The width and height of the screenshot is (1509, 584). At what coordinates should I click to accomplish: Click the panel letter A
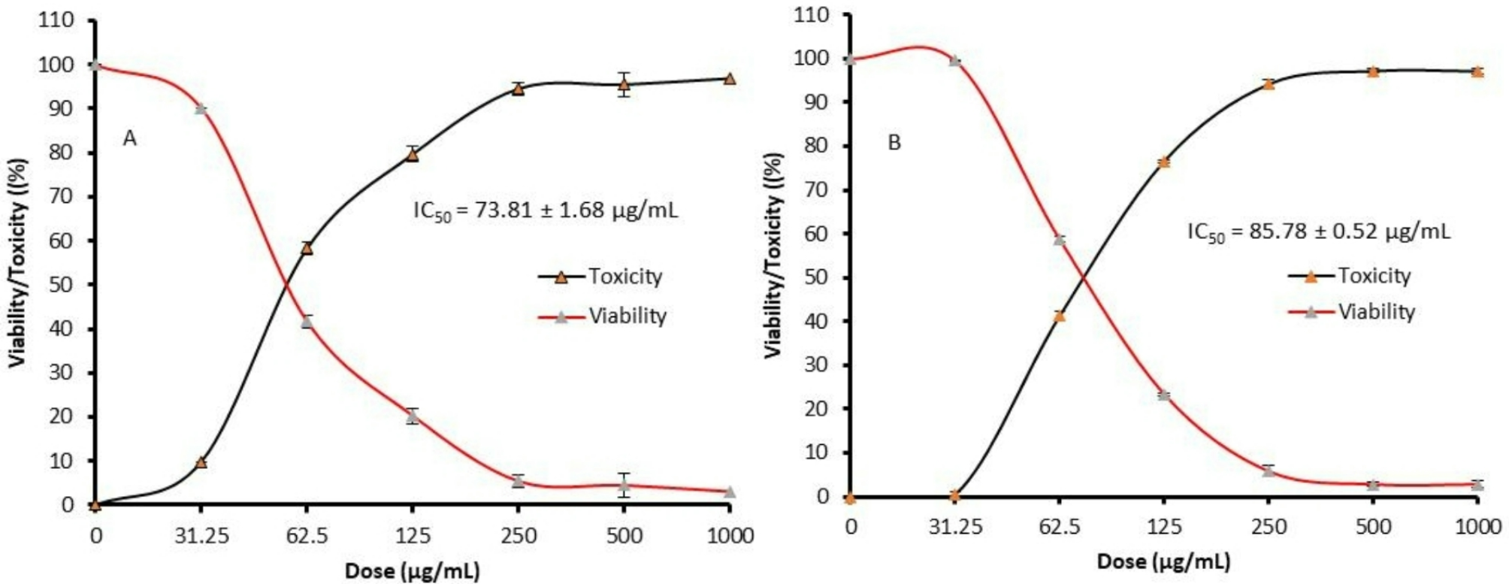point(130,139)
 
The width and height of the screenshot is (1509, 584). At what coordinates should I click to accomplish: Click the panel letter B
point(894,143)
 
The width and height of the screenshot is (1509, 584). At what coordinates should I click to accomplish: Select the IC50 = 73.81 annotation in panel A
point(546,210)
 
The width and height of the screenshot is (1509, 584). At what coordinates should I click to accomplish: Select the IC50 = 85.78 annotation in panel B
point(1318,231)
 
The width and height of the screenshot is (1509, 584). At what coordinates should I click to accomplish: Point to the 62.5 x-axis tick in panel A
point(307,536)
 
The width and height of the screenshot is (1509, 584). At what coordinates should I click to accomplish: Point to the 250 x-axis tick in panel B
point(1269,527)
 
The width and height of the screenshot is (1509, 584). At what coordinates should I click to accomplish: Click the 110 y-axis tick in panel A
point(58,20)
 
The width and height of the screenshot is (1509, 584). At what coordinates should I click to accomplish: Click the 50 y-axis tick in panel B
point(816,277)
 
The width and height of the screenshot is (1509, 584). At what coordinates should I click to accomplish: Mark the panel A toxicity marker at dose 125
point(412,155)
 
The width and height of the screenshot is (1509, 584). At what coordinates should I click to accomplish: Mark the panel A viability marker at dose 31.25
point(201,109)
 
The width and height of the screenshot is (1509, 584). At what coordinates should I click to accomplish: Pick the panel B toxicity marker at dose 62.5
point(1059,316)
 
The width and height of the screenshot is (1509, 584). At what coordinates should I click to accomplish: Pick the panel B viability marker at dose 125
point(1164,395)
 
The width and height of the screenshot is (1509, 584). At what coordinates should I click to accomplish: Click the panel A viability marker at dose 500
point(624,486)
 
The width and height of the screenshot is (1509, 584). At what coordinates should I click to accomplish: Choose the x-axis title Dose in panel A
point(412,571)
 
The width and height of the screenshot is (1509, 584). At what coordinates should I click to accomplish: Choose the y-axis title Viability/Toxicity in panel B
point(773,256)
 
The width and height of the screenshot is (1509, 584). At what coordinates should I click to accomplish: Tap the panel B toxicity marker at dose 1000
point(1477,72)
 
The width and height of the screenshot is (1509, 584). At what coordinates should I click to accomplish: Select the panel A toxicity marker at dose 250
point(518,89)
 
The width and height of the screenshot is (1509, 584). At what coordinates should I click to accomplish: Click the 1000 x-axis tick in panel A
point(730,536)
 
